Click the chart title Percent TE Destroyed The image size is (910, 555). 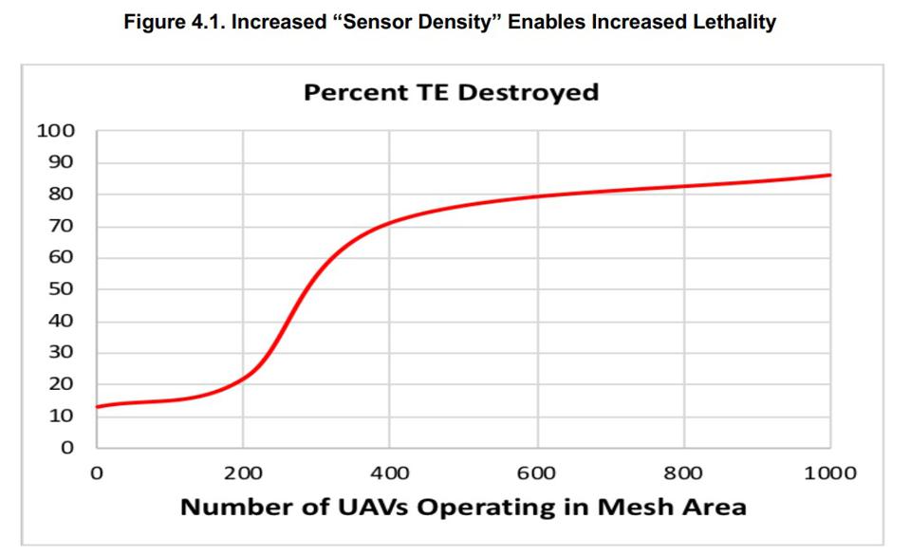click(451, 93)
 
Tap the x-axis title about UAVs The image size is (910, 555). click(463, 507)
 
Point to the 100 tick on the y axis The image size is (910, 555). click(54, 131)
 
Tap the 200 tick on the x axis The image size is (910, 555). click(243, 472)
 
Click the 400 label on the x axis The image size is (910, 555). click(390, 472)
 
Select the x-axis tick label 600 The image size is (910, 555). click(537, 472)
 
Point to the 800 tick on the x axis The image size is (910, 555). click(683, 472)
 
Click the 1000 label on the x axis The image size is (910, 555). click(830, 472)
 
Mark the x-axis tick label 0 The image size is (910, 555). click(97, 472)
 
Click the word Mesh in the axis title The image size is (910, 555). click(617, 507)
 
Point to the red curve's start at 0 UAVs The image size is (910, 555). click(98, 407)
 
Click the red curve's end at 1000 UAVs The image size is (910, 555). click(830, 175)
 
